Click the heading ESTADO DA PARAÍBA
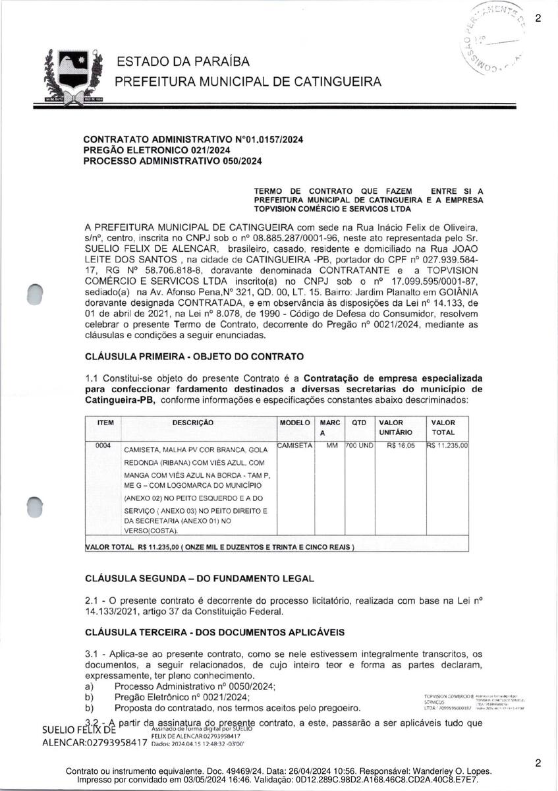(x=183, y=62)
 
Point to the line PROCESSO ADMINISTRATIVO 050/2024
(x=173, y=161)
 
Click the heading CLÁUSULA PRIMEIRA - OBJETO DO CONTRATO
(x=194, y=357)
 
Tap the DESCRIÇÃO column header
(x=192, y=423)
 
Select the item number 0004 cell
(x=104, y=446)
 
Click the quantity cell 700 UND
(x=360, y=446)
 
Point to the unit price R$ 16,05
(x=401, y=446)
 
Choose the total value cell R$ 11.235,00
(x=447, y=446)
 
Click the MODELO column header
(x=294, y=423)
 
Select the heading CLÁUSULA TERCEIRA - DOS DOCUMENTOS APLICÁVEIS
(x=215, y=632)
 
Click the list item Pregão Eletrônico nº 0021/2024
(x=182, y=697)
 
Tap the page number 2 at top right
(x=538, y=18)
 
